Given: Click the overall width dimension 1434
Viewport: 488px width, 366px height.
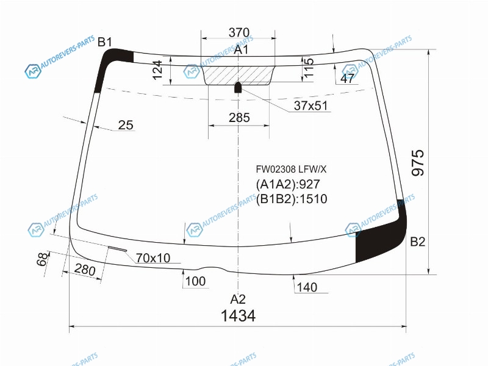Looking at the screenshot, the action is click(238, 315).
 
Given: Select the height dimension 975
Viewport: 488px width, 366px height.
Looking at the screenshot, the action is click(418, 162).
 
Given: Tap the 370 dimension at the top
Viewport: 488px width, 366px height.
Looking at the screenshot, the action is click(239, 32).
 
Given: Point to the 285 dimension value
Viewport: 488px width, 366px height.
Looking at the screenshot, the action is click(239, 118).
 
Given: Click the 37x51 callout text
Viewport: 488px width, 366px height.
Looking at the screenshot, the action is click(310, 106).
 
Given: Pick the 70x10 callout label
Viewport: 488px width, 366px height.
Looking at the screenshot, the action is click(153, 258).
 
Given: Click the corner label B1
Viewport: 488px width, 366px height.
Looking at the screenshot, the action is click(104, 41).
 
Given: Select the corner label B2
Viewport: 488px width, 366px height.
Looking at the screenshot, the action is click(417, 242).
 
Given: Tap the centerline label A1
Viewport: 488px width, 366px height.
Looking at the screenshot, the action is click(242, 49).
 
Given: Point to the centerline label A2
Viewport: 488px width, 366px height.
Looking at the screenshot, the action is click(238, 300).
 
